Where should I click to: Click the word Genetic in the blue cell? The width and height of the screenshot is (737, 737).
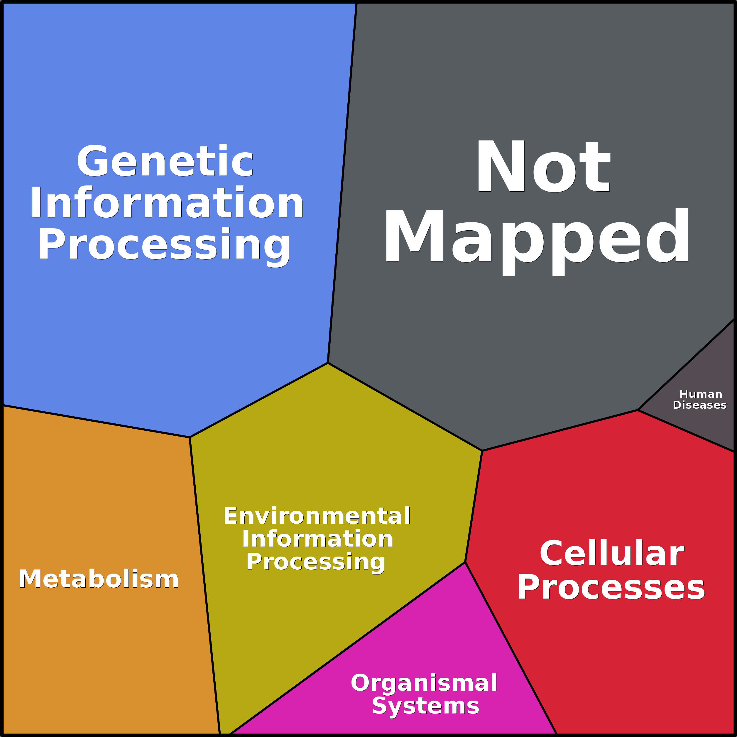[165, 161]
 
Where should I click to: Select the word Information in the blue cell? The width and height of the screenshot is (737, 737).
[167, 203]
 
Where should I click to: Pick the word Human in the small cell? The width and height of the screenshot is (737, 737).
[701, 394]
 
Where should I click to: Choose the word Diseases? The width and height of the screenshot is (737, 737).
[700, 405]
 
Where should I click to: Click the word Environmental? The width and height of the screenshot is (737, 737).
[317, 516]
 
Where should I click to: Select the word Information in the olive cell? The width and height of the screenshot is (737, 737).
[317, 539]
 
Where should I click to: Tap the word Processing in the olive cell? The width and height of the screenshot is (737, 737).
[315, 562]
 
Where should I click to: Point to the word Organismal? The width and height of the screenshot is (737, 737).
[424, 683]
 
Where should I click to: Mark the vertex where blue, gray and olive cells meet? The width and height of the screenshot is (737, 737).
[328, 363]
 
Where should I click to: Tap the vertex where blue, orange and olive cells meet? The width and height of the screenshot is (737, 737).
[190, 437]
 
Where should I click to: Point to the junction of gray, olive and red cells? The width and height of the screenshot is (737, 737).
[482, 451]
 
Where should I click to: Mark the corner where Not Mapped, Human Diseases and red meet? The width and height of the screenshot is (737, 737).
[638, 410]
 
